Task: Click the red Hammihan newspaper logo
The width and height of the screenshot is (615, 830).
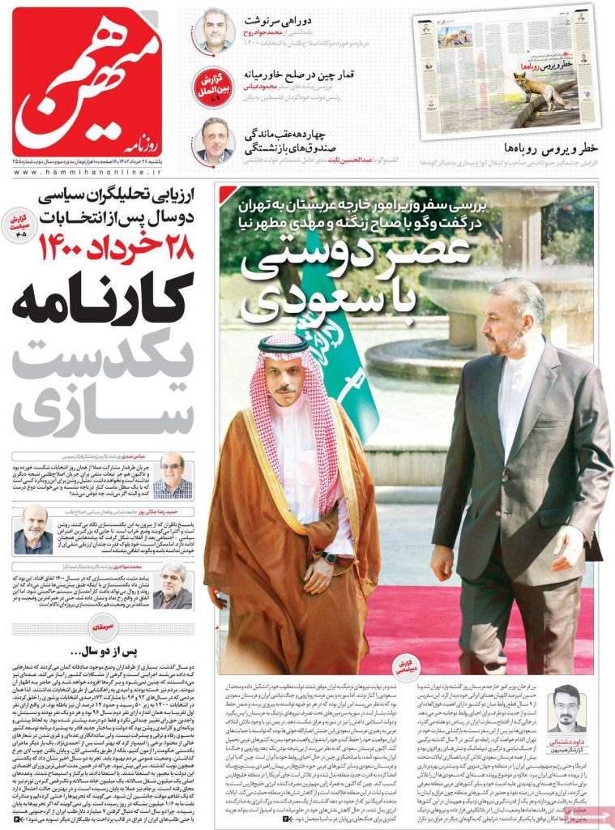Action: [x=87, y=81]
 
